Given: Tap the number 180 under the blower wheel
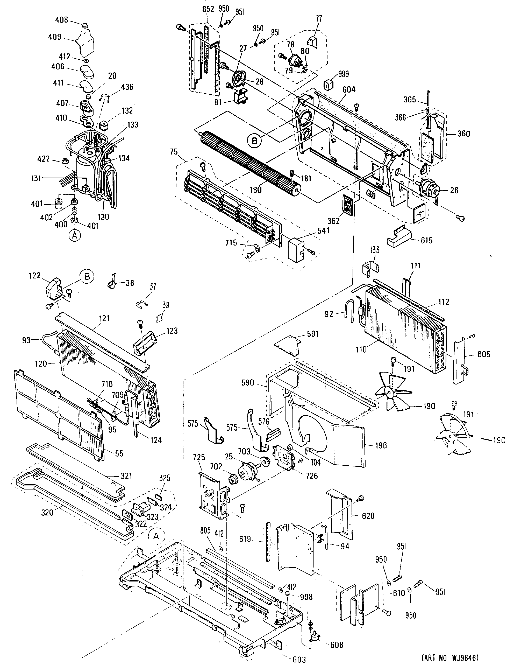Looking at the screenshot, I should [255, 190].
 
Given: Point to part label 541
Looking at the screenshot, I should [323, 230].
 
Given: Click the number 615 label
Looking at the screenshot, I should [426, 240].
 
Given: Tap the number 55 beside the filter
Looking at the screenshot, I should [119, 453].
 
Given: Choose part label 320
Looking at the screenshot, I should [48, 512].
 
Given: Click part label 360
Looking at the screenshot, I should [463, 134].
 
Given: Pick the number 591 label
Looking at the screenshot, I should [313, 334].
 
